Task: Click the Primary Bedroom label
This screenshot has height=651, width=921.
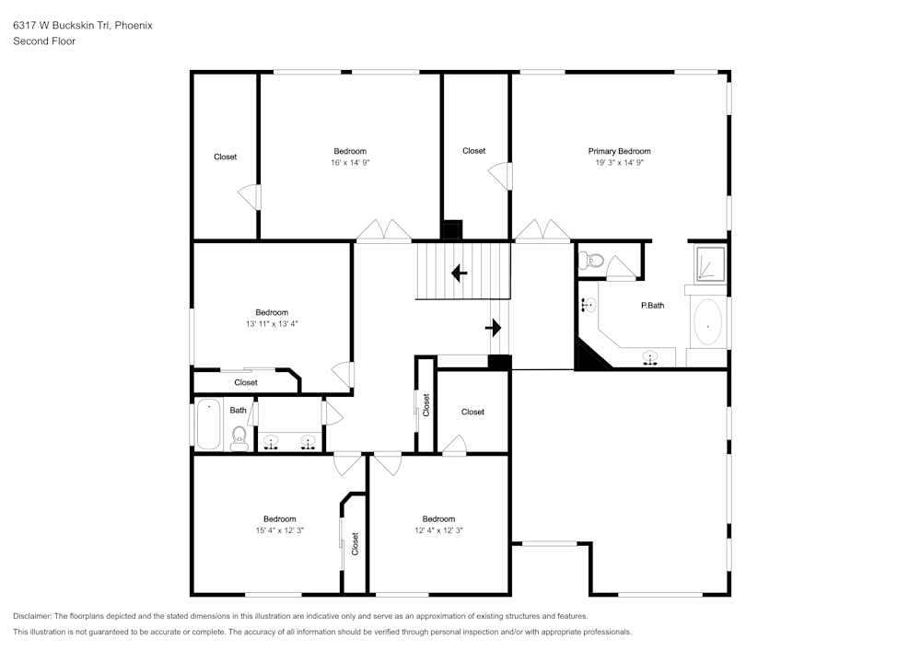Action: point(619,151)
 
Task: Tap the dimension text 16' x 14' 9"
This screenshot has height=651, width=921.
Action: point(350,162)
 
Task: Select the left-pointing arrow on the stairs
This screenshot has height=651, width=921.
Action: point(458,273)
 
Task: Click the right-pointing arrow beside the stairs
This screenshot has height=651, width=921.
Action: point(494,327)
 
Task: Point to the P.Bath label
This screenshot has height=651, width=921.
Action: point(652,305)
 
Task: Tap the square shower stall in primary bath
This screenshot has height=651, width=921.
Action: point(708,262)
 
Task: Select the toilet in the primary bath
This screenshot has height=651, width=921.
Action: point(592,262)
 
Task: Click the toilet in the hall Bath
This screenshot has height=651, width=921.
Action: point(239,436)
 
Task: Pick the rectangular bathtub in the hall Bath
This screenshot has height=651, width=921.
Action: point(209,424)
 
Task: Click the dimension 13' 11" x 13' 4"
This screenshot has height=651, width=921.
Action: point(272,323)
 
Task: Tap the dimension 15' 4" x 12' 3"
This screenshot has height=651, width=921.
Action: point(279,529)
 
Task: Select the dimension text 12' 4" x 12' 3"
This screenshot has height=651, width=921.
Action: point(438,529)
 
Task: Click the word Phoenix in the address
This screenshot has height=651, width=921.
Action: point(134,26)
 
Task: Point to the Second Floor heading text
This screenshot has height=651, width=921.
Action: point(44,41)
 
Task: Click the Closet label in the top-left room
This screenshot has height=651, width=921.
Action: point(225,157)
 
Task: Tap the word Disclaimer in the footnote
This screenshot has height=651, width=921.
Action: point(32,616)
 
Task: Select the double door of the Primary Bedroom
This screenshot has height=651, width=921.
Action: point(542,231)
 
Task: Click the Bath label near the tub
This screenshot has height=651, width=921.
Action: point(238,411)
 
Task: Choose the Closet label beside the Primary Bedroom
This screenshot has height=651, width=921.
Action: point(473,151)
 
